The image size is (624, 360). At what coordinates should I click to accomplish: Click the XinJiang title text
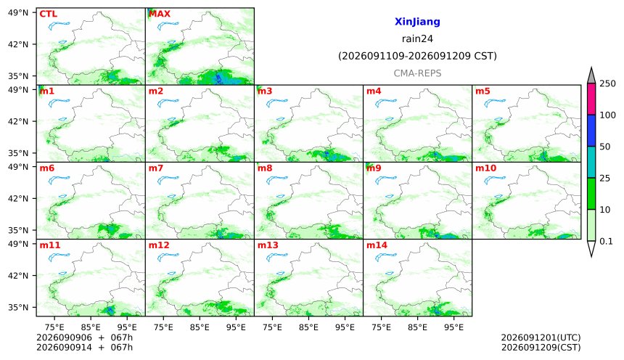tap(417, 22)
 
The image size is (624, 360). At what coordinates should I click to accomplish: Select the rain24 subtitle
tap(417, 38)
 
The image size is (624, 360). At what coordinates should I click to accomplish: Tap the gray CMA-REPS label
tap(417, 73)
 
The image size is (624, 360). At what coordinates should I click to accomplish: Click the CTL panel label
tap(48, 14)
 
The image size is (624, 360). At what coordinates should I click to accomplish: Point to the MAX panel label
tap(159, 14)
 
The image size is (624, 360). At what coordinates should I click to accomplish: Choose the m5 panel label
tap(483, 91)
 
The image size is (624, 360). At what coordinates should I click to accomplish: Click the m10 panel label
tap(485, 168)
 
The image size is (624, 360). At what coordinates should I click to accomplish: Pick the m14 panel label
tap(377, 245)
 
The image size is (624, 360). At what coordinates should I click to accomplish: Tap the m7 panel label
tap(155, 168)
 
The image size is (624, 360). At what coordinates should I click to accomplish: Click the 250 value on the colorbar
tap(607, 83)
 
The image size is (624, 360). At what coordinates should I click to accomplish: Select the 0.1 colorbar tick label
tap(606, 241)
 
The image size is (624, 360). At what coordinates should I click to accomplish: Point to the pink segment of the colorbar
tap(591, 99)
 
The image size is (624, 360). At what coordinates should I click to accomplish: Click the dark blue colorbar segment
tap(591, 131)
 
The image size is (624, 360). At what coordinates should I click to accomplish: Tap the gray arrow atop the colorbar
tap(591, 76)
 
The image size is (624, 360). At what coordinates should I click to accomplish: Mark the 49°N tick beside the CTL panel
tap(18, 13)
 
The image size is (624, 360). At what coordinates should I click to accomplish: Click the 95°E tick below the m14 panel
tap(453, 327)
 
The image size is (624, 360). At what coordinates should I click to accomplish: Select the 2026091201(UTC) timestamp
tap(541, 337)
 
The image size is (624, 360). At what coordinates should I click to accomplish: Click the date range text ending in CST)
tap(417, 56)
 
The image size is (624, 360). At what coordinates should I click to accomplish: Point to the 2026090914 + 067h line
tap(84, 347)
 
